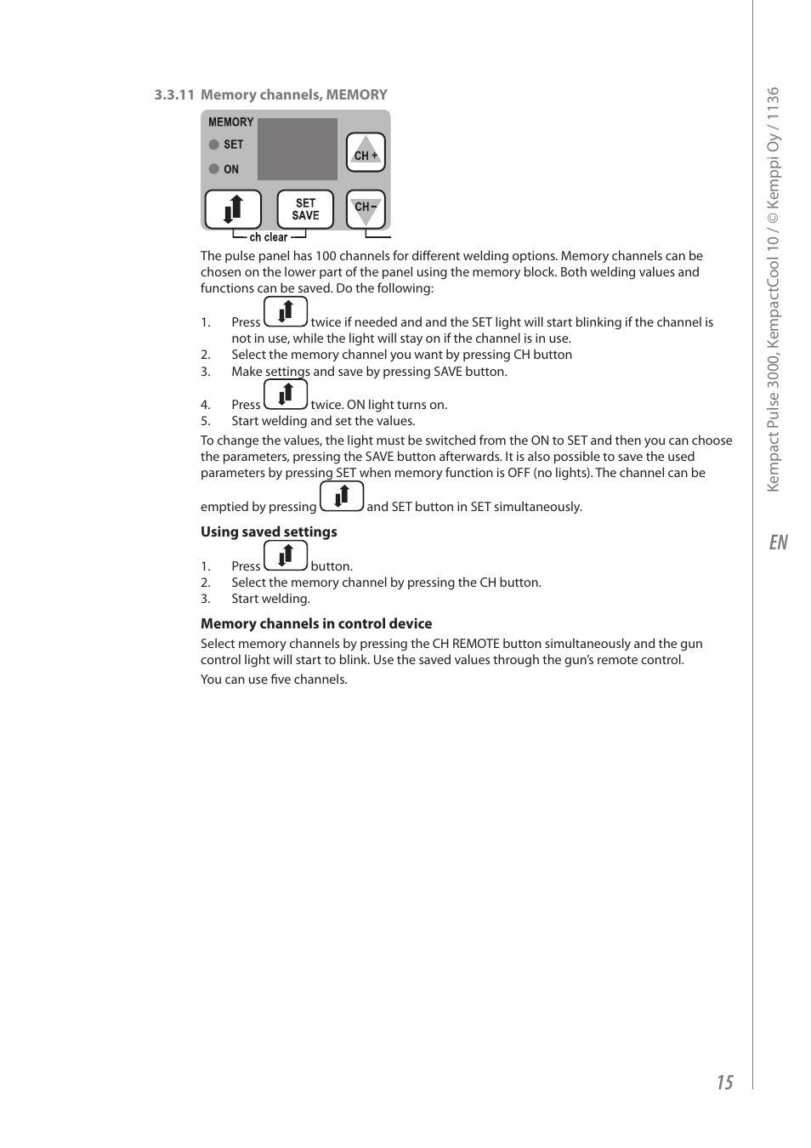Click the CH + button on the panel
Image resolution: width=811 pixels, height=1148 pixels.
[x=366, y=153]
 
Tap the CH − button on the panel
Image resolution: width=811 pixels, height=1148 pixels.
[x=366, y=208]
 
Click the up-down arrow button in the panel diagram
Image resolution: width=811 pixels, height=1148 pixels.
[x=233, y=209]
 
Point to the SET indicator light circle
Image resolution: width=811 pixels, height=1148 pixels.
[x=214, y=145]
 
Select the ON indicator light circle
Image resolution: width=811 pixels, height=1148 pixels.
[x=214, y=168]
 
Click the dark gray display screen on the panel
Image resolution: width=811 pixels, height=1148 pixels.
[x=298, y=149]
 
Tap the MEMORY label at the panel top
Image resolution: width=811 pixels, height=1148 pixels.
[x=230, y=122]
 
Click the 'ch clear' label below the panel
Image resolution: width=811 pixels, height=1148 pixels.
[x=269, y=238]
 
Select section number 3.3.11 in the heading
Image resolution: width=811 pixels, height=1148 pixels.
[x=174, y=95]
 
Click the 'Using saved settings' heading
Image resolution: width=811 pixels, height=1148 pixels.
[x=269, y=531]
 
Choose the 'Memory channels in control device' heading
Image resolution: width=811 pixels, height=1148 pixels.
[x=316, y=623]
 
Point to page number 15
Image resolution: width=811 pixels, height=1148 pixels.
[x=724, y=1082]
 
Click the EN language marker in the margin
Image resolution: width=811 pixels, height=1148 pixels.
[x=778, y=543]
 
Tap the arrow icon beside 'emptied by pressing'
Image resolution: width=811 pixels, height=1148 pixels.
[x=342, y=497]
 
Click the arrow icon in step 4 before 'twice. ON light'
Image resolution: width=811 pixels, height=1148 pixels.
[x=286, y=395]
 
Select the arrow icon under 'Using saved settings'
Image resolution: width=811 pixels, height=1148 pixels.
[x=286, y=556]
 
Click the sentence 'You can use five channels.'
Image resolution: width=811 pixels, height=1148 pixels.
[x=274, y=679]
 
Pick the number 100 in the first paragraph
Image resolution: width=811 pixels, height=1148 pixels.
[x=326, y=256]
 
